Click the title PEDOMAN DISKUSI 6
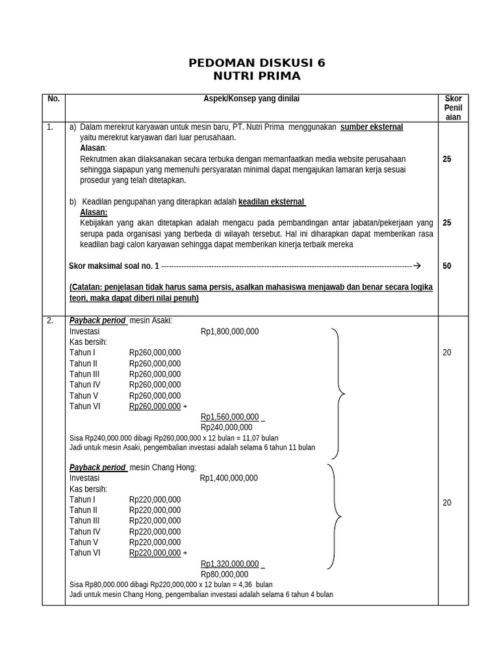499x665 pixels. pos(257,63)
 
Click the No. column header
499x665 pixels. pos(53,99)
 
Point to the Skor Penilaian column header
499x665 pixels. pos(453,107)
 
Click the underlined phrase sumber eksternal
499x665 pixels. pos(372,127)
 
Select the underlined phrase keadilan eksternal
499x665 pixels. pos(272,201)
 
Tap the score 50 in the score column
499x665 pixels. pos(447,266)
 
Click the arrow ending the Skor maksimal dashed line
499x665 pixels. pos(417,266)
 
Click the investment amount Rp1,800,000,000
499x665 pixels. pos(229,331)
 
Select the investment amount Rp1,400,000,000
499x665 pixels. pos(229,478)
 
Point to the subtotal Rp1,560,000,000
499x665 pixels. pos(230,417)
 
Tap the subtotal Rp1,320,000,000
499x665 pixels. pos(230,564)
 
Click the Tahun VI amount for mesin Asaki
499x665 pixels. pos(155,406)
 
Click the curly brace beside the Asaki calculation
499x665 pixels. pos(339,394)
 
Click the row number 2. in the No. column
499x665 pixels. pos(50,321)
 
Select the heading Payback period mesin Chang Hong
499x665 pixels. pos(133,468)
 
